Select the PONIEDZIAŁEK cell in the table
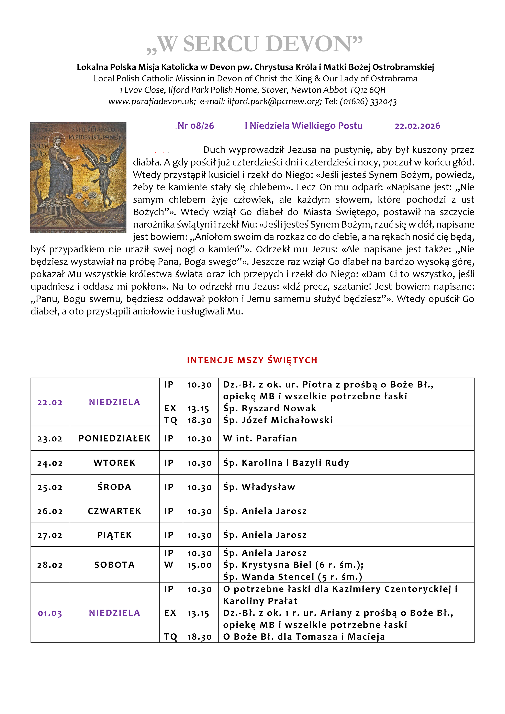tap(114, 438)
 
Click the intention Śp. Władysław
tap(259, 487)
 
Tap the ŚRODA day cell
tap(114, 487)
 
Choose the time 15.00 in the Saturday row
tap(199, 565)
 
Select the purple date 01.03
tap(50, 613)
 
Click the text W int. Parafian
tap(260, 438)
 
